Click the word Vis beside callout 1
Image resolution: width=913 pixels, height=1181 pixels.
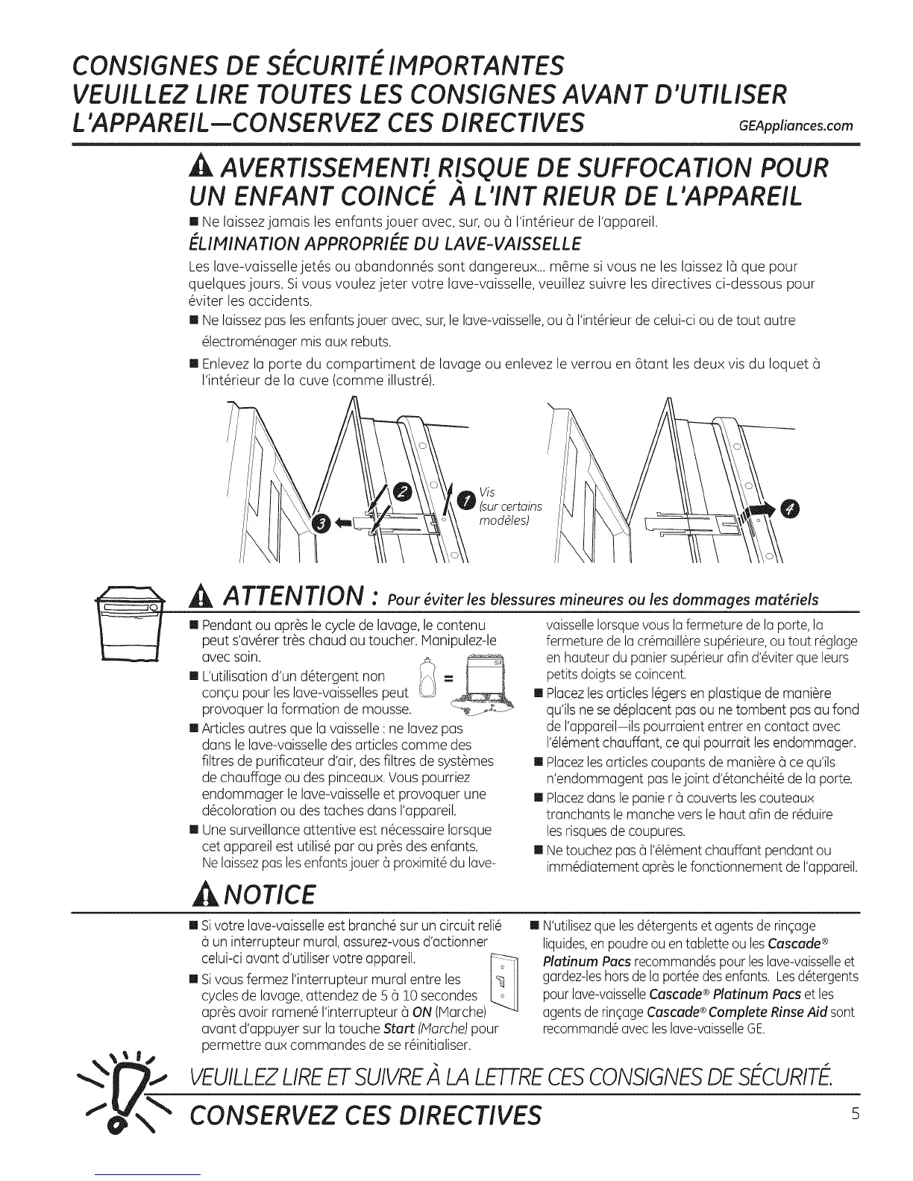pyautogui.click(x=488, y=492)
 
